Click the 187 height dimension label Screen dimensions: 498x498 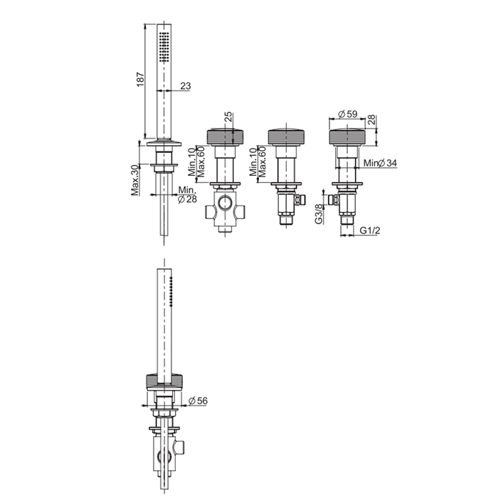(140, 80)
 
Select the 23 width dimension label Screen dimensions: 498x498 (186, 86)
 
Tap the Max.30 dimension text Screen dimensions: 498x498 (135, 180)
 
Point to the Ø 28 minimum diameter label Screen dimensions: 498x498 (187, 199)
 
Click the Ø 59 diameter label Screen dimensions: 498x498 (348, 114)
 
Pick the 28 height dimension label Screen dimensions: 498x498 (371, 120)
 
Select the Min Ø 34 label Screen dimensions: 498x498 (380, 163)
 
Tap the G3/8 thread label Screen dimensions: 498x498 (319, 213)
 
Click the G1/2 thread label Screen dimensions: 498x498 (370, 231)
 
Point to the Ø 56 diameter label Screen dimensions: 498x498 (198, 401)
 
